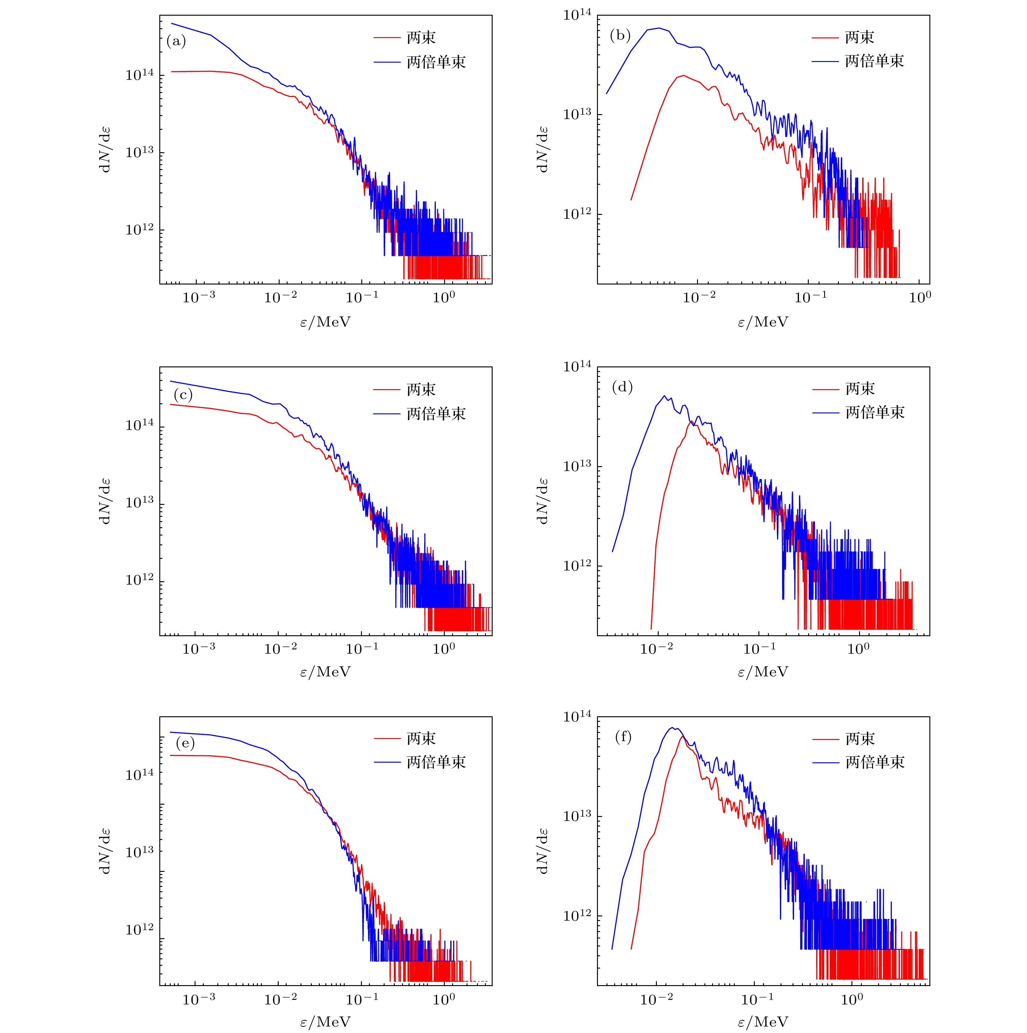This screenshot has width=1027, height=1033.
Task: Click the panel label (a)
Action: click(176, 41)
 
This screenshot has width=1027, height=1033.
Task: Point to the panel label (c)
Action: click(183, 395)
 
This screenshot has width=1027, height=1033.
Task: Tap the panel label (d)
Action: click(622, 387)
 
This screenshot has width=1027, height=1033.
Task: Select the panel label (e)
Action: click(185, 743)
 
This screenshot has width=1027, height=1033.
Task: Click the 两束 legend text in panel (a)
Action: click(421, 37)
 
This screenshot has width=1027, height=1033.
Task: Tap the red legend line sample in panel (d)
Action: click(825, 390)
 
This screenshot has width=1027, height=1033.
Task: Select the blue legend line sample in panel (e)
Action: click(387, 762)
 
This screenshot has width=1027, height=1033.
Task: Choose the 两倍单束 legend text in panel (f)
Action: click(875, 762)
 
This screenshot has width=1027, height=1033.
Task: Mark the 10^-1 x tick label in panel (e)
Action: click(362, 999)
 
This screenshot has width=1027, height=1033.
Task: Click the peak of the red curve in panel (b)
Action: click(683, 75)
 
